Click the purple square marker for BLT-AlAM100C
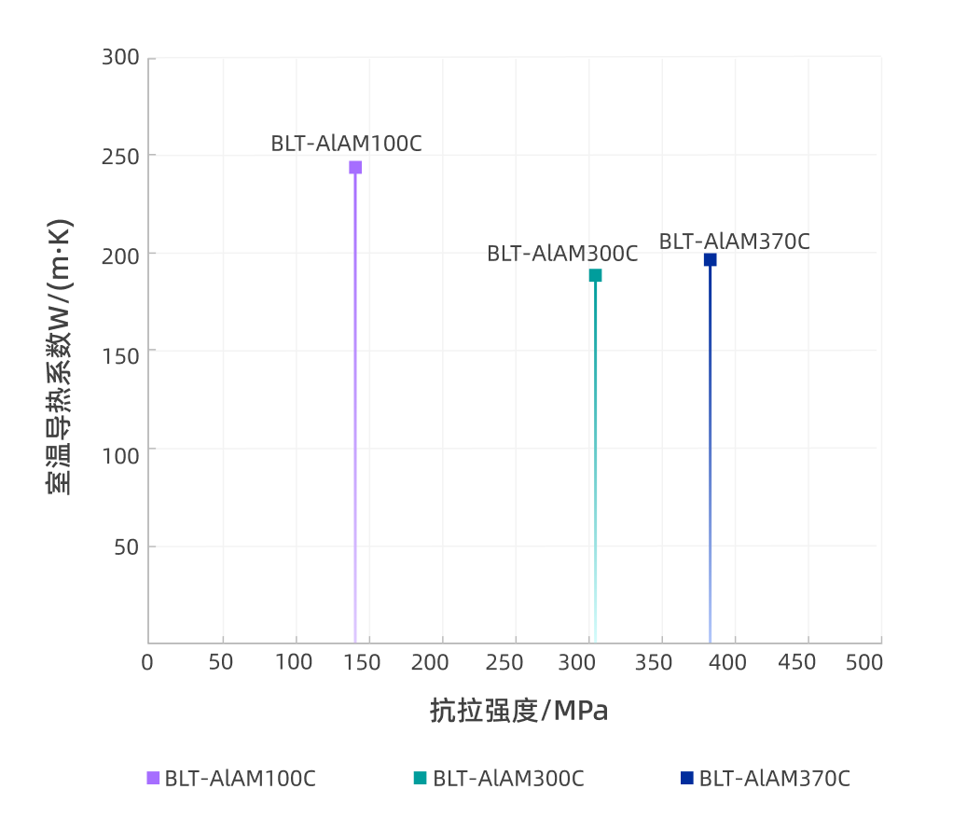(x=355, y=168)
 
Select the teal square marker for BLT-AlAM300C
(x=595, y=275)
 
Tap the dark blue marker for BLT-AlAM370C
(x=710, y=260)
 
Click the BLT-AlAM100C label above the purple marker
(x=347, y=144)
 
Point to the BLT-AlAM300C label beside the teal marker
(x=562, y=254)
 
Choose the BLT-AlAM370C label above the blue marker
(x=735, y=241)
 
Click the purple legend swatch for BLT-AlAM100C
(x=154, y=778)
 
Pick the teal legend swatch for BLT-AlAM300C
(x=421, y=778)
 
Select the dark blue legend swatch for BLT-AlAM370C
(x=687, y=778)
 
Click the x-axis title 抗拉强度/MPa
(x=519, y=711)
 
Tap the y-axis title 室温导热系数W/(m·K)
(x=59, y=357)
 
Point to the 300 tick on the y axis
(x=120, y=58)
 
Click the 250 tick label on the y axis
(x=120, y=155)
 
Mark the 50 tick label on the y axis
(x=126, y=546)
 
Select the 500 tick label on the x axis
(x=863, y=662)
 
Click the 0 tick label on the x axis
(x=147, y=662)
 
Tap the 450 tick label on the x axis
(x=796, y=662)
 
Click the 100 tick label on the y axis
(x=120, y=449)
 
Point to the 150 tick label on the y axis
(x=120, y=351)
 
